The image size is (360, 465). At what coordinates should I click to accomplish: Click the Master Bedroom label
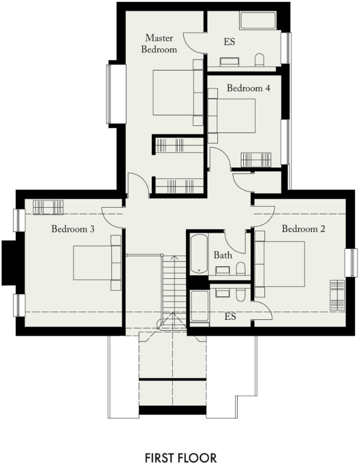159,44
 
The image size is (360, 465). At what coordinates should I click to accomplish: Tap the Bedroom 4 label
248,88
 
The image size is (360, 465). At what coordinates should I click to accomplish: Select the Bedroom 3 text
73,229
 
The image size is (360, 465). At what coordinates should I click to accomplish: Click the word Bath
223,255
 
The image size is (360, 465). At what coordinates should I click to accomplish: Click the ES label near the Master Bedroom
229,42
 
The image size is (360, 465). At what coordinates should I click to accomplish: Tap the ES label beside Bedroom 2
230,316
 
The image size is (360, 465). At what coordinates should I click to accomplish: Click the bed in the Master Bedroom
175,93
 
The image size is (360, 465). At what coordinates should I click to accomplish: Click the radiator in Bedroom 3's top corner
48,207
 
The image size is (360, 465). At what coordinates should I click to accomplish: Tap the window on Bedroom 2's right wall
350,263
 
